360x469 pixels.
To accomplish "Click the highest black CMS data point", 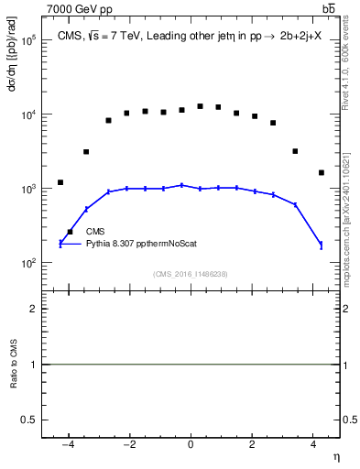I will [x=200, y=106].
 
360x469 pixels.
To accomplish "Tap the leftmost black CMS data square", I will [x=60, y=182].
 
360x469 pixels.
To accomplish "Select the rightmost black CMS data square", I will [x=321, y=172].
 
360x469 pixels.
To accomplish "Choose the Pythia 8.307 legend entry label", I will [x=141, y=244].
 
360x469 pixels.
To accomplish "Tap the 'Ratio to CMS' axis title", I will [x=14, y=364].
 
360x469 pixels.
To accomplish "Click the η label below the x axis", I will [x=335, y=456].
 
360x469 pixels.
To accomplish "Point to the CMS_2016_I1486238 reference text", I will [x=191, y=274].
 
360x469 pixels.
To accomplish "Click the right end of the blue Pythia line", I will [x=321, y=245].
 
